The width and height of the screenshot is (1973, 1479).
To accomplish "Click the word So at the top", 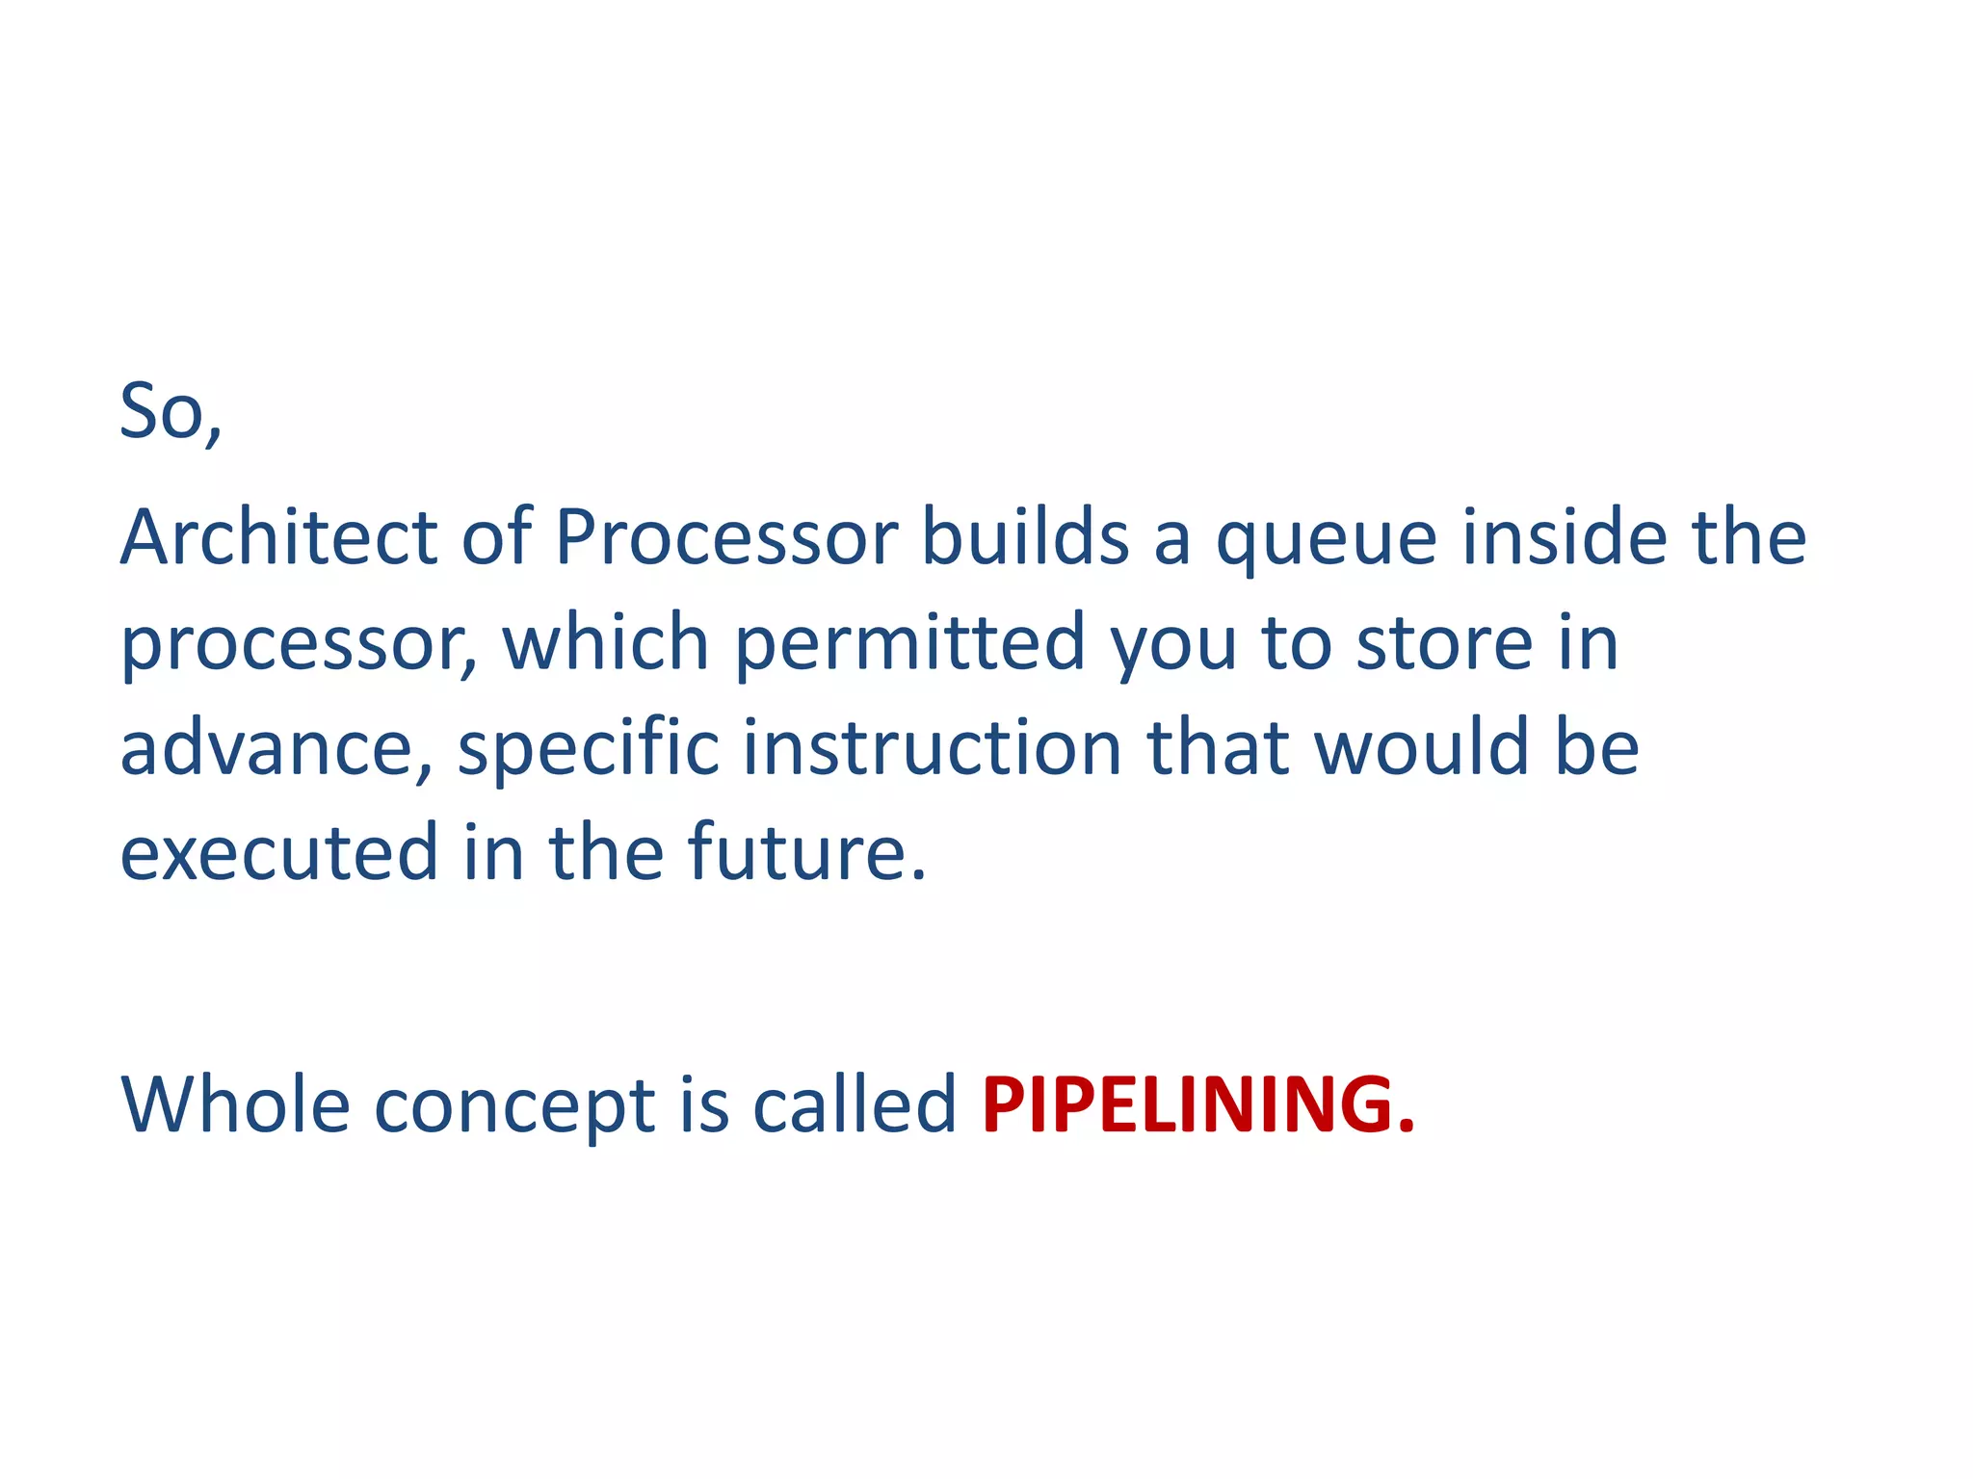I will (x=162, y=411).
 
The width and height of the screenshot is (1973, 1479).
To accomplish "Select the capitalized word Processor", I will (x=726, y=536).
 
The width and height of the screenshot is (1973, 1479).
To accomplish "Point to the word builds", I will (x=1025, y=536).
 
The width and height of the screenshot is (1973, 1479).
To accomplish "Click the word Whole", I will (x=235, y=1103).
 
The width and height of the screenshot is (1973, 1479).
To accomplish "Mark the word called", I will (x=854, y=1103).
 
